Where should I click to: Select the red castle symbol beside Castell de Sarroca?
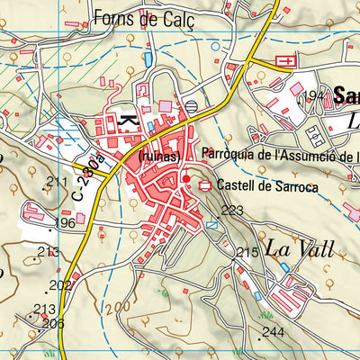point(206,185)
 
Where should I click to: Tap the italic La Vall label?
point(300,247)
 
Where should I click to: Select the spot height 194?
point(313,94)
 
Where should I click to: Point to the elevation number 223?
point(232,211)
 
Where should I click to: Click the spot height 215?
point(247,254)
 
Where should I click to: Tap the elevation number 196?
point(65,222)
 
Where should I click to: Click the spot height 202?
point(60,285)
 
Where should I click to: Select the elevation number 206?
point(52,323)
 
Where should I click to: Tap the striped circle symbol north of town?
point(191,107)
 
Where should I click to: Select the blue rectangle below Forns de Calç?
point(148,58)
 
